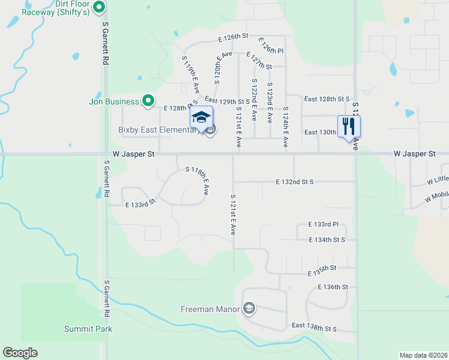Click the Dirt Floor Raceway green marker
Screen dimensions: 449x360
100,8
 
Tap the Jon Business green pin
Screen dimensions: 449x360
148,101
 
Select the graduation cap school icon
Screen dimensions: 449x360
202,117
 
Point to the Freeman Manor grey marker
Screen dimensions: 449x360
249,309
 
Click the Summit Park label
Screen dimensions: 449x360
88,329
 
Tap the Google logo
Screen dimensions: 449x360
20,353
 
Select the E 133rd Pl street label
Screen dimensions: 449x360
324,224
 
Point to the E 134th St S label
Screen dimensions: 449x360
327,240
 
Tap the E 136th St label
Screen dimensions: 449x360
333,287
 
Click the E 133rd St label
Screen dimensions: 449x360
140,204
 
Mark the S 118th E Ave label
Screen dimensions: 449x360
197,180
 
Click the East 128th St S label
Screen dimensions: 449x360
327,99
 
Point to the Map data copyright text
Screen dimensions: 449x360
423,355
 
